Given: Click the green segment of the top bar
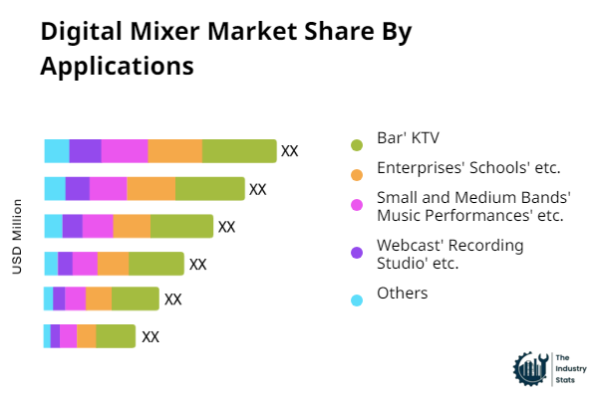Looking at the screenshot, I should (239, 151).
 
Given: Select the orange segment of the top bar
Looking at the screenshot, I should (175, 151).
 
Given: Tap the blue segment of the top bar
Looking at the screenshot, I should (57, 151).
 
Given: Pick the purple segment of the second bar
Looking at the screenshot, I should (78, 188).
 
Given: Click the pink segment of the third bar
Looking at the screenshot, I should (98, 226).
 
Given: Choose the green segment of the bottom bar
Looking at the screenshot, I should (116, 336).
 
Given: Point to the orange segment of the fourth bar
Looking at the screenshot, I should (113, 263).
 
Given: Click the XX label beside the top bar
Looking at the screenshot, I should (289, 151).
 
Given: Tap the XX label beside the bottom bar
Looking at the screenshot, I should (150, 336).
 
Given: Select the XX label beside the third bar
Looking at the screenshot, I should (226, 226).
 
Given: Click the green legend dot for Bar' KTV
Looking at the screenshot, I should (357, 145).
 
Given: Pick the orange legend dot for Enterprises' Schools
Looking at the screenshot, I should (357, 175).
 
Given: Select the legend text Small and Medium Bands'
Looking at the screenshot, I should (473, 205).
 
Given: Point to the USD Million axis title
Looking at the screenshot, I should (17, 237).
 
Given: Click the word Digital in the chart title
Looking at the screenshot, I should (75, 32).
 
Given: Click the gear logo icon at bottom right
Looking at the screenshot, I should (529, 368).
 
